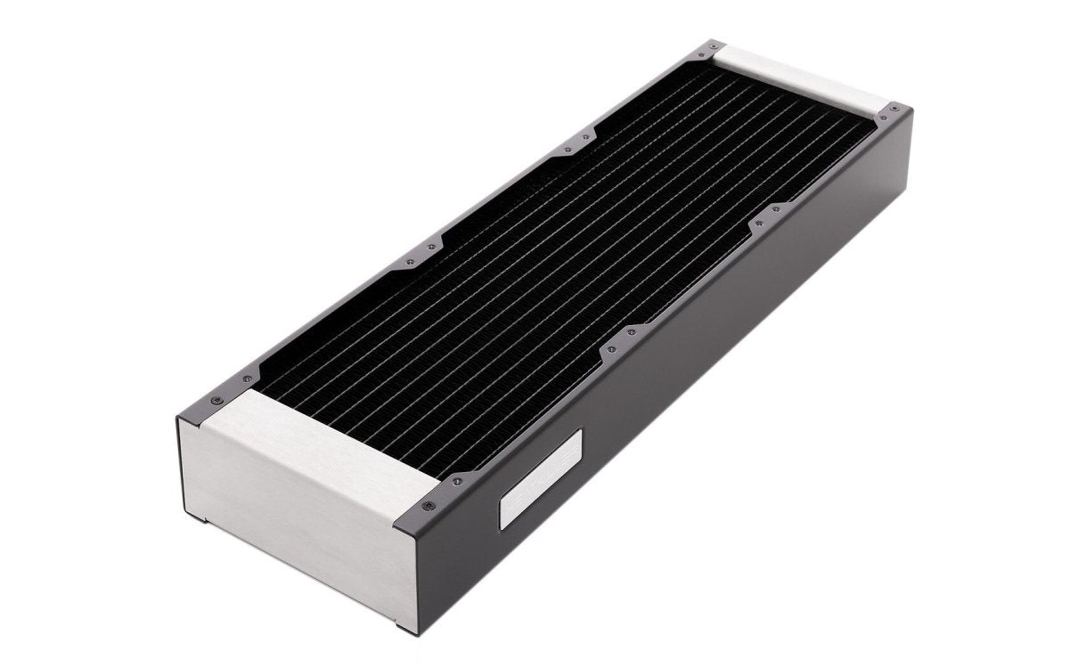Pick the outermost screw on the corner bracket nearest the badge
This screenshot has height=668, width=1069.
pyautogui.click(x=431, y=507)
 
